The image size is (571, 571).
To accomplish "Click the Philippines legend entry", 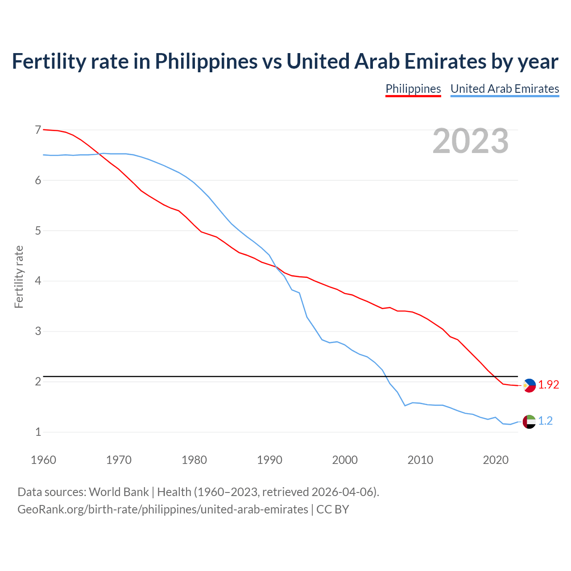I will click(x=413, y=89).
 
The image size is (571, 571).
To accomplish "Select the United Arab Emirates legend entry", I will click(x=505, y=89).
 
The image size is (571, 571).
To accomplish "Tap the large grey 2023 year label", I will click(x=471, y=141).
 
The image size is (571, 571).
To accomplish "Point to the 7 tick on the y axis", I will click(x=38, y=130).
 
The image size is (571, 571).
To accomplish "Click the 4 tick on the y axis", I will click(x=38, y=281).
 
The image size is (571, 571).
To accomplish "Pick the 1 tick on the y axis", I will click(x=38, y=432).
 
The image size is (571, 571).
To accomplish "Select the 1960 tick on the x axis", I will click(x=43, y=460).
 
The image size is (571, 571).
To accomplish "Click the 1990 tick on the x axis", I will click(x=269, y=460).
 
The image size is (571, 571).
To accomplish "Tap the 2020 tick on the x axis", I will click(x=496, y=460).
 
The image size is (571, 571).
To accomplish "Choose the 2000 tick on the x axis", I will click(x=345, y=460).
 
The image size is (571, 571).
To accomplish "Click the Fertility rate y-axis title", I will click(x=19, y=277).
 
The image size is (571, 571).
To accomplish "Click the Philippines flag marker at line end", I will click(x=529, y=385).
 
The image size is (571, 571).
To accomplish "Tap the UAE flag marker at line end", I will click(x=529, y=421).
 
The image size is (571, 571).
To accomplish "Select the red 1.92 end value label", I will click(x=548, y=385).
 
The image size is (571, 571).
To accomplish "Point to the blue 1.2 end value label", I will click(x=545, y=421).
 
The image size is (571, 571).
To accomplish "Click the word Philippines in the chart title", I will click(x=206, y=61).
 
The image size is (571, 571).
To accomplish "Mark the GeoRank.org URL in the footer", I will click(x=162, y=509).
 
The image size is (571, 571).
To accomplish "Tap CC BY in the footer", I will click(x=333, y=509).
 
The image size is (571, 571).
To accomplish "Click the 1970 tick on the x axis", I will click(x=119, y=460).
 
